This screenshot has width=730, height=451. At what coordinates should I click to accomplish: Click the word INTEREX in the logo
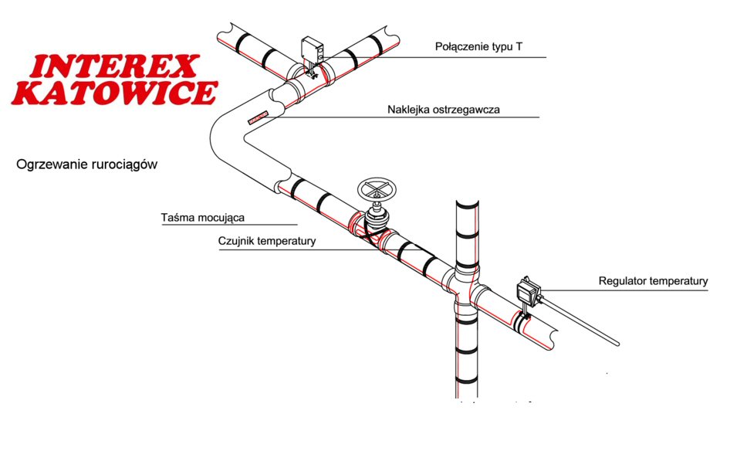(x=114, y=66)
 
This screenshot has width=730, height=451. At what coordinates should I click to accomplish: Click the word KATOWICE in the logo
(x=114, y=93)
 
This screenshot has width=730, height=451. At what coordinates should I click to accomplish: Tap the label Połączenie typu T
(x=478, y=47)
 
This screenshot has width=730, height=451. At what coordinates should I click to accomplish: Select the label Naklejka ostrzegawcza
(x=443, y=110)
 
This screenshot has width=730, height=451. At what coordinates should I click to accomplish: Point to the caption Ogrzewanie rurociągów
(x=86, y=164)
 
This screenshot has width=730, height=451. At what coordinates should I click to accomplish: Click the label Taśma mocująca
(x=202, y=218)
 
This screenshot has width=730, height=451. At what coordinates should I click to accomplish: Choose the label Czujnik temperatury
(x=267, y=242)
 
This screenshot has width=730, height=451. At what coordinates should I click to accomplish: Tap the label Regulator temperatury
(x=653, y=281)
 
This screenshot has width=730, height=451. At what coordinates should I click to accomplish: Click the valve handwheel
(x=377, y=189)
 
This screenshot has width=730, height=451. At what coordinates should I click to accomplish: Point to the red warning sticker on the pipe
(x=259, y=117)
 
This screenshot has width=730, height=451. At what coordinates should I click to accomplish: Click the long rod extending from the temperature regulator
(x=580, y=321)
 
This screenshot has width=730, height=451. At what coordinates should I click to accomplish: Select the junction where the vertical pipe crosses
(x=466, y=291)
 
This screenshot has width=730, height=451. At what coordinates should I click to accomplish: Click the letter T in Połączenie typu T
(x=519, y=46)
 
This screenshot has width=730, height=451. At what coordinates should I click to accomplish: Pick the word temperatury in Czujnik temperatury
(x=286, y=242)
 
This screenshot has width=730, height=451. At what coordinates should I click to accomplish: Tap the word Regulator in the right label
(x=622, y=281)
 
